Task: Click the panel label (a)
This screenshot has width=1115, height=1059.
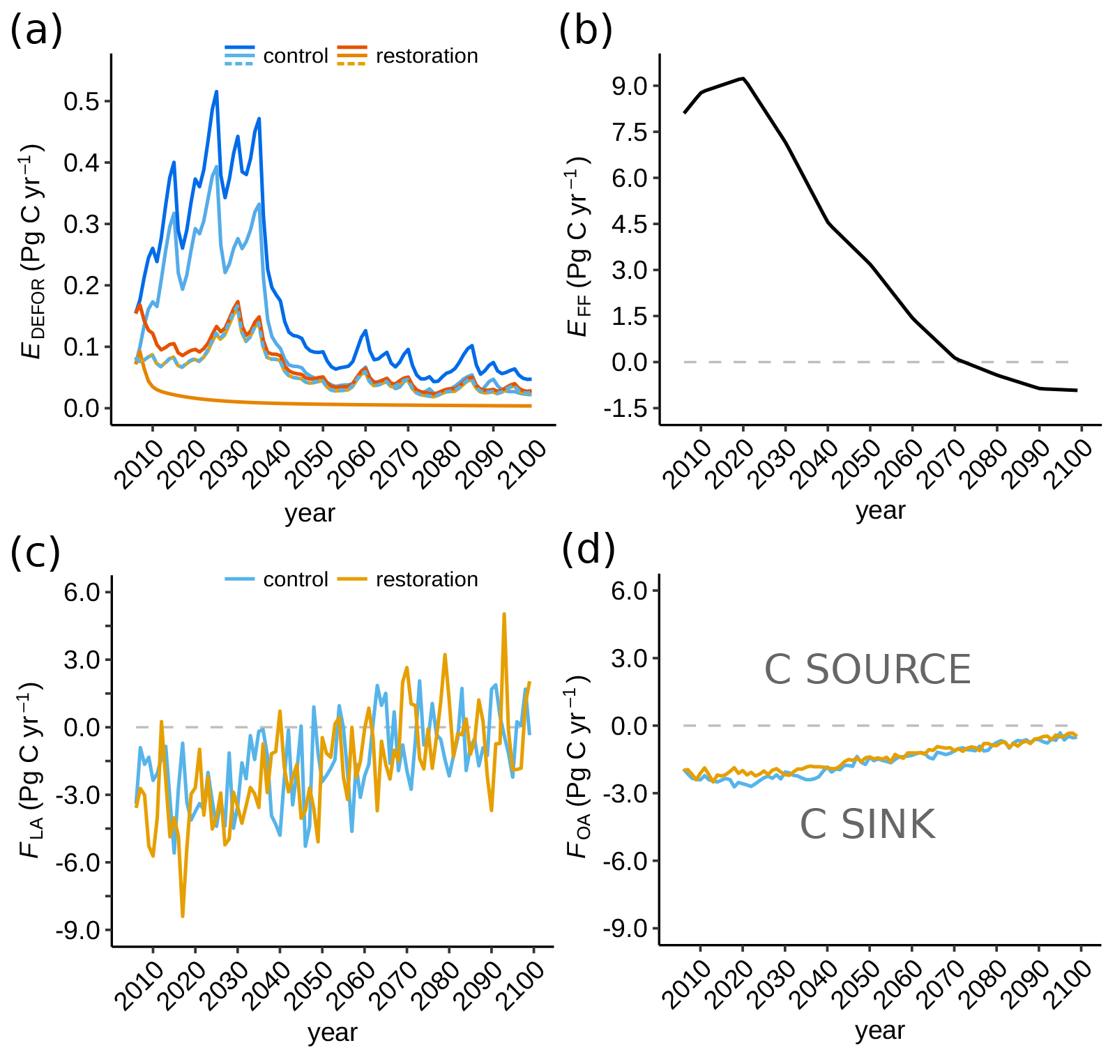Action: (x=36, y=31)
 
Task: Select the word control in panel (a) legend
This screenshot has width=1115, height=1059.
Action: (x=295, y=56)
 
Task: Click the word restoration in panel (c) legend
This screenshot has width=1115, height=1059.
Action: (x=427, y=579)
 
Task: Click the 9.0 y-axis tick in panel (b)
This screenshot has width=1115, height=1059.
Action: (x=629, y=86)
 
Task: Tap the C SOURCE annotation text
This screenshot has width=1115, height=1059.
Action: (x=867, y=669)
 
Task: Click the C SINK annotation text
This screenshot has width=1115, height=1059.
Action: (x=867, y=824)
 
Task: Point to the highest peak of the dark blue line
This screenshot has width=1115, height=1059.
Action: (x=216, y=91)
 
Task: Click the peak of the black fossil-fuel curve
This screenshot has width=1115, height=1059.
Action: (x=743, y=78)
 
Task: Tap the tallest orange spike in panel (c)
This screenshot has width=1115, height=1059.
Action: (x=503, y=614)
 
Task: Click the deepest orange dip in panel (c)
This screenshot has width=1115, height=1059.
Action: (x=183, y=915)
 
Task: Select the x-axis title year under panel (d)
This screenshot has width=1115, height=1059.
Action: (x=880, y=1030)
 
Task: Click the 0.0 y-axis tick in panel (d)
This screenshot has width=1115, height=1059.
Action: (x=629, y=726)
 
